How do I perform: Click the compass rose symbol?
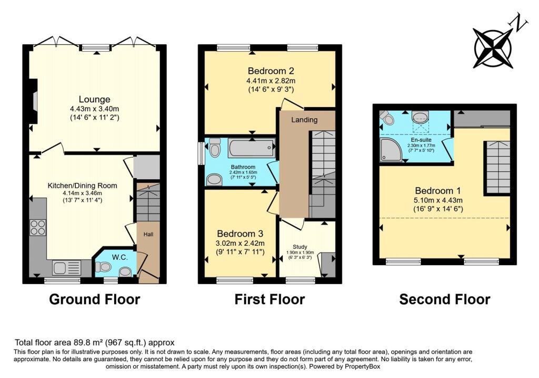pyautogui.click(x=494, y=47)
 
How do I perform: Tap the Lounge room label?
pyautogui.click(x=94, y=100)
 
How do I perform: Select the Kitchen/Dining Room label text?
pyautogui.click(x=82, y=186)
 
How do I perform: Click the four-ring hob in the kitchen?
pyautogui.click(x=37, y=227)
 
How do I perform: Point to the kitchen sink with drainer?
pyautogui.click(x=66, y=267)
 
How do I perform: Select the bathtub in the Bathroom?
pyautogui.click(x=252, y=148)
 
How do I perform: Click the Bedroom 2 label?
pyautogui.click(x=270, y=71)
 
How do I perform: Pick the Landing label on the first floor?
pyautogui.click(x=305, y=120)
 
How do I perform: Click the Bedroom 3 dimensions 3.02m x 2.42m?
pyautogui.click(x=239, y=243)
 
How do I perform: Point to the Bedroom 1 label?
pyautogui.click(x=438, y=190)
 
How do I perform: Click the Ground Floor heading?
pyautogui.click(x=95, y=299)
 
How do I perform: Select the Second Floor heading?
pyautogui.click(x=445, y=299)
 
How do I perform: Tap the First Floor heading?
pyautogui.click(x=269, y=299)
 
